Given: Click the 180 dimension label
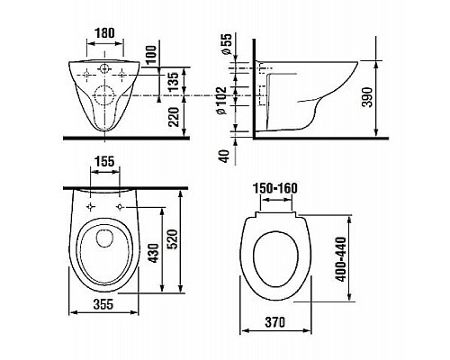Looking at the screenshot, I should pyautogui.click(x=104, y=33).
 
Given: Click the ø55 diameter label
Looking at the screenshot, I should pyautogui.click(x=226, y=45).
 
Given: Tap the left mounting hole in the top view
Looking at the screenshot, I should pyautogui.click(x=91, y=208).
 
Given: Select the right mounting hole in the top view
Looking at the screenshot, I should pyautogui.click(x=121, y=208).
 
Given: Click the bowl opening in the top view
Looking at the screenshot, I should pyautogui.click(x=104, y=252).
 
